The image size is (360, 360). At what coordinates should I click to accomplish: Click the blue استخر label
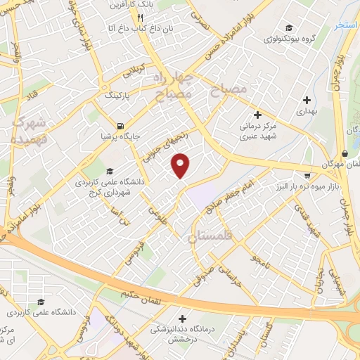[x=347, y=25]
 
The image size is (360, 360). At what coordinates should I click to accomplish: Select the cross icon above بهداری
[x=305, y=100]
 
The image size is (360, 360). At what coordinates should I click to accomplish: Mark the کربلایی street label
[x=133, y=72]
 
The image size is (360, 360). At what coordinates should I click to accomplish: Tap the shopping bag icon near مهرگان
[x=344, y=154]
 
